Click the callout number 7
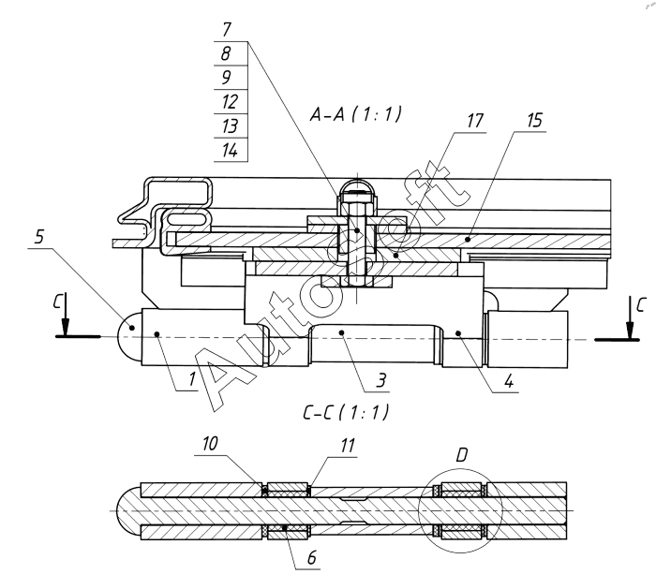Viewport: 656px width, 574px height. click(227, 29)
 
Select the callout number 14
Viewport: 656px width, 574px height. click(230, 150)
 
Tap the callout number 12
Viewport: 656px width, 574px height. click(230, 101)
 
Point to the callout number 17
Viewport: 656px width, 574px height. click(475, 121)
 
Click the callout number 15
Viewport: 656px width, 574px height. click(534, 120)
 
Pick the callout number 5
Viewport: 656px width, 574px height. click(39, 237)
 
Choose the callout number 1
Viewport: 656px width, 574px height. click(191, 379)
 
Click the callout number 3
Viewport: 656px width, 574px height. click(380, 380)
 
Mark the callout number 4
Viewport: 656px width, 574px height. click(508, 381)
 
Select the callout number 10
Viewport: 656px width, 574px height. click(210, 444)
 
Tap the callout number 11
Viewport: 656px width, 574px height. click(347, 446)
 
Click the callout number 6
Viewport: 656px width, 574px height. click(312, 558)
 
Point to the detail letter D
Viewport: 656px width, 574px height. click(461, 455)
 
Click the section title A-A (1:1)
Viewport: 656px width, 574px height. click(355, 113)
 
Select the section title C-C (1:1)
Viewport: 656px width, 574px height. click(346, 413)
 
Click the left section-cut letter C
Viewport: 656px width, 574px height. click(57, 301)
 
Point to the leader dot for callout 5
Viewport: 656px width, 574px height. click(132, 328)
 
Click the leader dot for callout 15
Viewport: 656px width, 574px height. click(469, 239)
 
